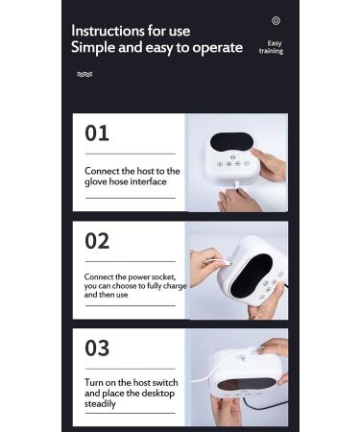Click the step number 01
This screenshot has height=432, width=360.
97,132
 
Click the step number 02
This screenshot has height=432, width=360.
97,241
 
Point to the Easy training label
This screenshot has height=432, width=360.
275,47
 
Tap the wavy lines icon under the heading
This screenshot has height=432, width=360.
84,74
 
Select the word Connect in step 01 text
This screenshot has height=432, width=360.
101,170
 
